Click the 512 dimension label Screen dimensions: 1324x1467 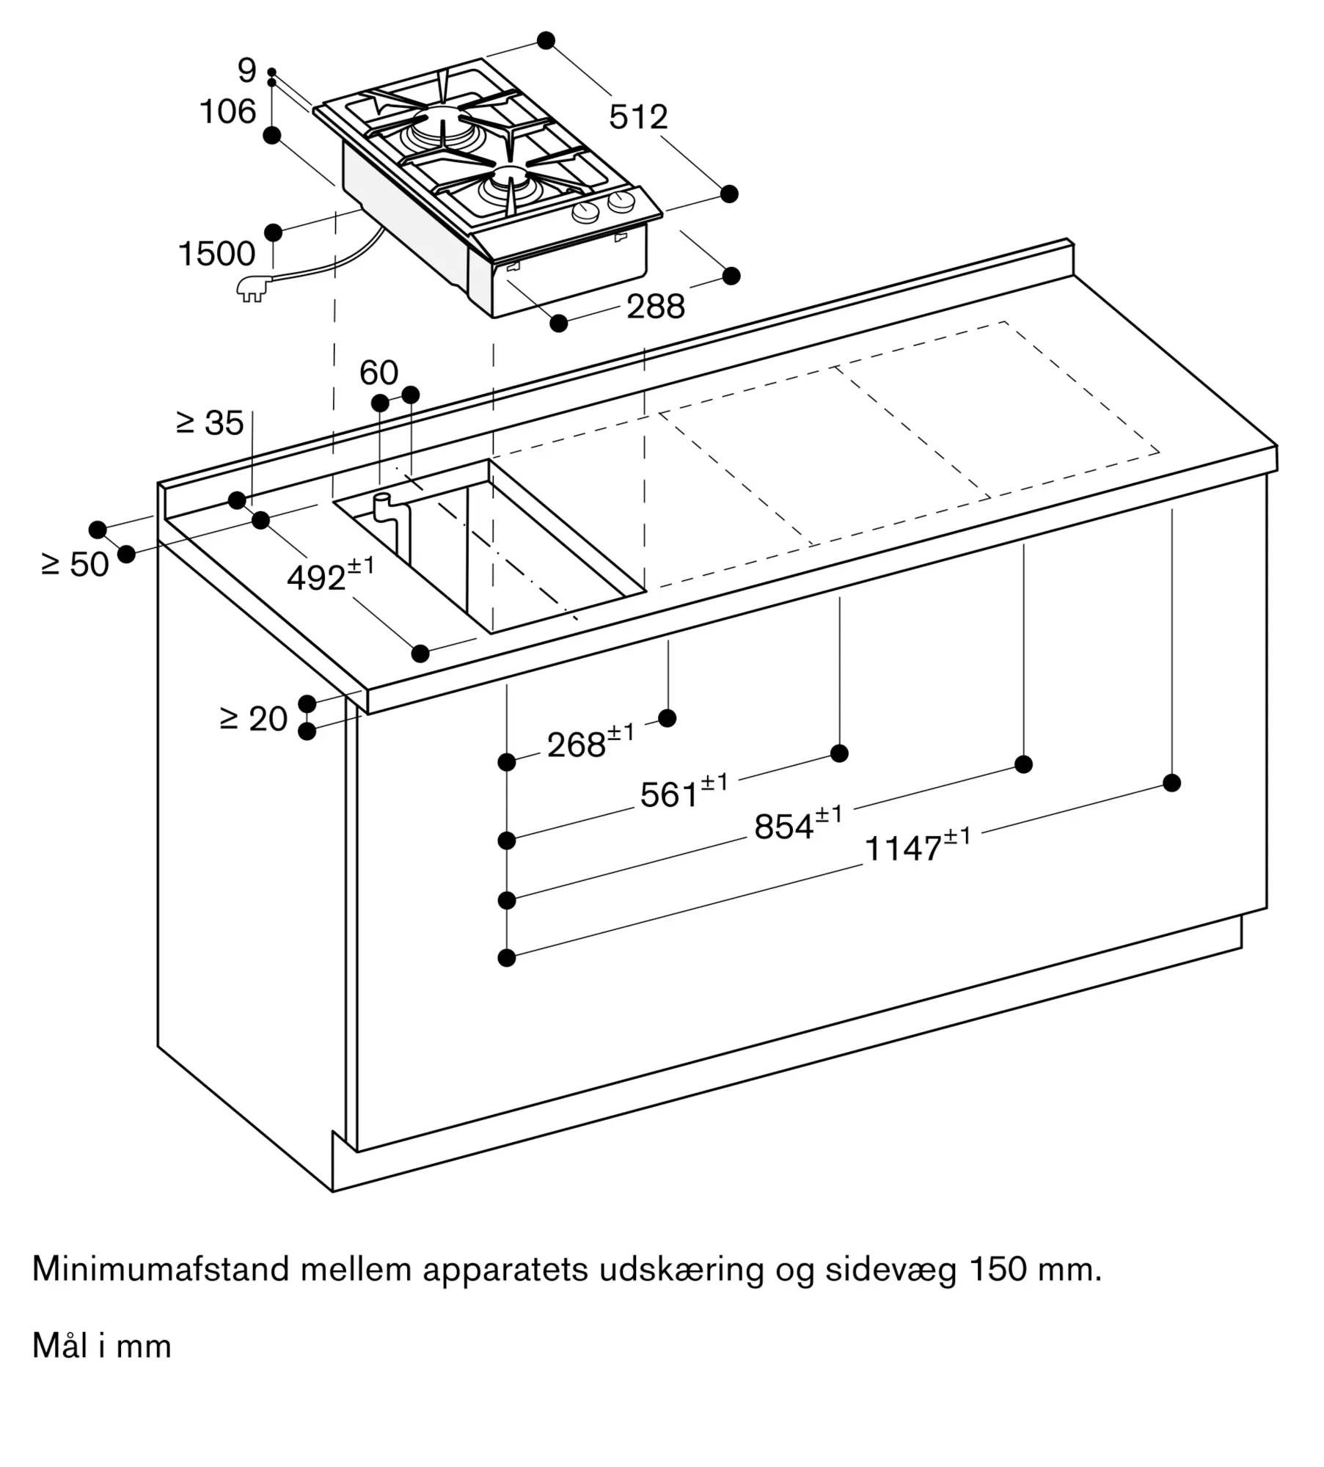coord(638,117)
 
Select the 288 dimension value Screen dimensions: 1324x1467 coord(656,307)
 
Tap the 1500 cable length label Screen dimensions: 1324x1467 coord(216,254)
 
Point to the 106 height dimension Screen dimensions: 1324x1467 coord(228,111)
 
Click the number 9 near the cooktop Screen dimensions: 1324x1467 coord(247,70)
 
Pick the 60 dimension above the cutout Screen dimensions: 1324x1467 coord(378,373)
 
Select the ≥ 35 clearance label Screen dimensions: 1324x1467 coord(210,423)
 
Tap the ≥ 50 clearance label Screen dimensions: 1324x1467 coord(75,565)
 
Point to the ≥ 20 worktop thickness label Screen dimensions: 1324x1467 coord(253,719)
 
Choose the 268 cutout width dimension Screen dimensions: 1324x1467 coord(590,742)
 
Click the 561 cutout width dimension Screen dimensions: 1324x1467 coord(684,792)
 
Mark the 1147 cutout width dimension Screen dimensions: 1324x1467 coord(918,846)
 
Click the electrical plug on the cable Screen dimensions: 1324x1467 coord(252,289)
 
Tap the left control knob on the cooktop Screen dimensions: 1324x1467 coord(585,213)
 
